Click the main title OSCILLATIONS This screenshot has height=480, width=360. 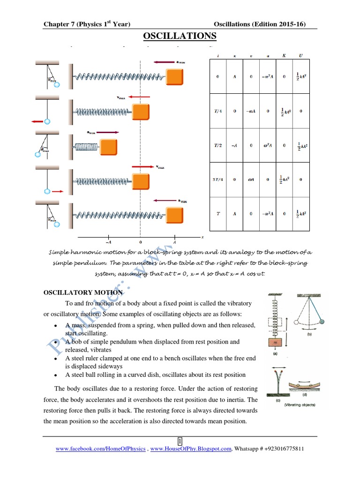point(180,36)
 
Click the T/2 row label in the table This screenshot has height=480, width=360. point(217,146)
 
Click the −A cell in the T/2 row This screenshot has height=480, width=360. point(234,146)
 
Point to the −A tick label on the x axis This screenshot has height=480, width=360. point(108,242)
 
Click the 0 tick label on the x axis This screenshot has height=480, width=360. point(140,242)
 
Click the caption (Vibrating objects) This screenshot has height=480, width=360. point(301,405)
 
